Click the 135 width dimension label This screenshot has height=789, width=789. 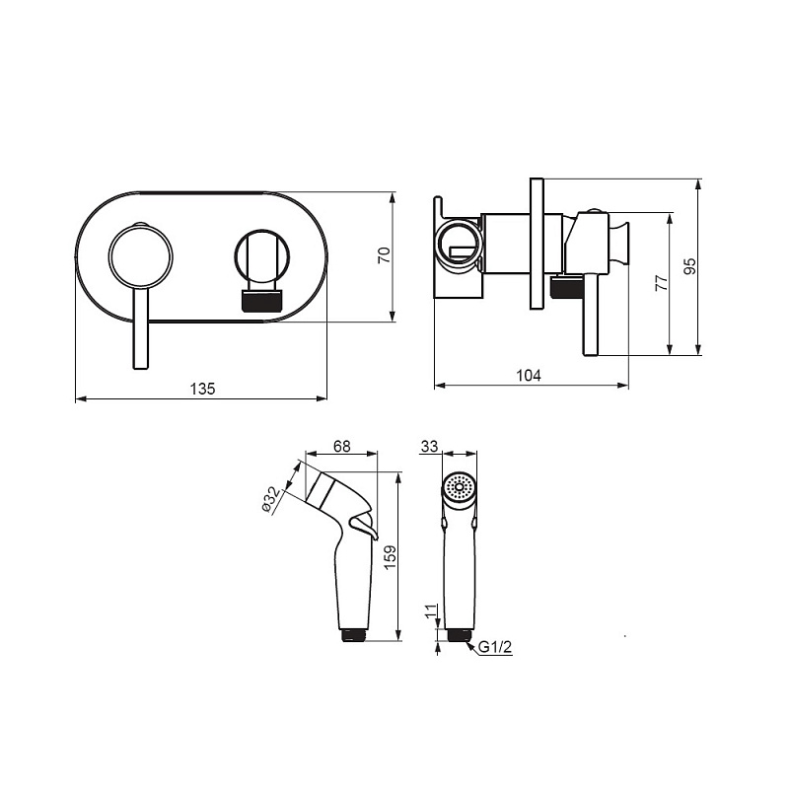(202, 389)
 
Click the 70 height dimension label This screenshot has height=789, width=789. (384, 255)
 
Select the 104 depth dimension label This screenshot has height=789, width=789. (529, 375)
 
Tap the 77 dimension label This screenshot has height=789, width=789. (662, 283)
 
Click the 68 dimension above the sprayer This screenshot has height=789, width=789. (341, 446)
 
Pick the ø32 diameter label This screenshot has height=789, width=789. (271, 500)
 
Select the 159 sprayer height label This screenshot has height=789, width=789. (391, 556)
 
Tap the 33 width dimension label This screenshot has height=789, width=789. (429, 446)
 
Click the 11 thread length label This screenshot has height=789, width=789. (431, 611)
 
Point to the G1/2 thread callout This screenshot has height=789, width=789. (495, 647)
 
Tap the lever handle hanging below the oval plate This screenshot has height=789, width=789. (141, 329)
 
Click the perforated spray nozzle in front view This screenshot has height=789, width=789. (459, 486)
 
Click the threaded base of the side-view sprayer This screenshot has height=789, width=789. (355, 635)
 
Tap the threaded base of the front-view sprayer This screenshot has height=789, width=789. (459, 635)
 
